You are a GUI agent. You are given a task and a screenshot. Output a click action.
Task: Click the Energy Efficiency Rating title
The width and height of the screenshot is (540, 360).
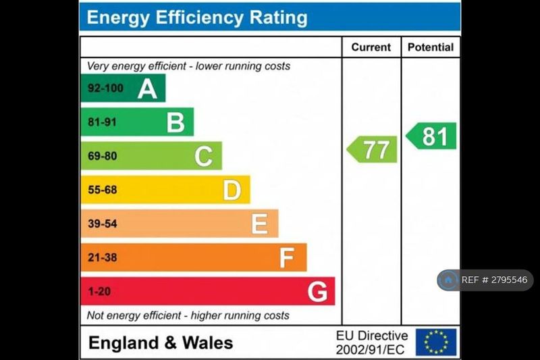coord(197,18)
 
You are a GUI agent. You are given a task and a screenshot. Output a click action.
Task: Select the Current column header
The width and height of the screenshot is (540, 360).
coord(371,47)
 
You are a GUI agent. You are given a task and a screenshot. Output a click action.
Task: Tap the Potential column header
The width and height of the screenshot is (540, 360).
coord(431,47)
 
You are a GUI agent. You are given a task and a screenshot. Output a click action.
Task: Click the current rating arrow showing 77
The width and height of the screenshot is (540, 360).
coord(373,149)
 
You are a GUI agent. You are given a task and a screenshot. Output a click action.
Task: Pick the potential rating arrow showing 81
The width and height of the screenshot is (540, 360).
coord(432,136)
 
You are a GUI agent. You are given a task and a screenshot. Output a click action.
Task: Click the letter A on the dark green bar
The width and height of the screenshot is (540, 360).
coord(147,88)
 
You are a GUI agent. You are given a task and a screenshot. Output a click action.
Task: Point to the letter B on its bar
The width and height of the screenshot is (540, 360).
coord(175,122)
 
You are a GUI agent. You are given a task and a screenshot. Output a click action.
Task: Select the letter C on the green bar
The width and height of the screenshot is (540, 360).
coord(204,157)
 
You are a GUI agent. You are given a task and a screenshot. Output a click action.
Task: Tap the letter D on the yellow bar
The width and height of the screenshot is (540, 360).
coord(232,190)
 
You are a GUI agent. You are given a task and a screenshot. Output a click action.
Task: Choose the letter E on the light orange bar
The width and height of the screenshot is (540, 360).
coord(260,224)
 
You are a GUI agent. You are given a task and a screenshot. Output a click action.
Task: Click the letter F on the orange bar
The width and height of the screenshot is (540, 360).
coord(288,257)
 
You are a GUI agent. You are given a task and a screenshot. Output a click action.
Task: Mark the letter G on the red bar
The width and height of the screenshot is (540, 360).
coord(317,292)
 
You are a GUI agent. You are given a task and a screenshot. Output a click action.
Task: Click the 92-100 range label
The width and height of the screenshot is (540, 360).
coord(105,88)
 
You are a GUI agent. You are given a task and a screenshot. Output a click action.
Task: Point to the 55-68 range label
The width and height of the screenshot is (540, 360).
coord(102,190)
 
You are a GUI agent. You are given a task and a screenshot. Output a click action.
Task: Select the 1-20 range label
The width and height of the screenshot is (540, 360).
coord(99,291)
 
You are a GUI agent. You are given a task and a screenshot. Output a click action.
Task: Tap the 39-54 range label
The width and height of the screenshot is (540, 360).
coord(102,224)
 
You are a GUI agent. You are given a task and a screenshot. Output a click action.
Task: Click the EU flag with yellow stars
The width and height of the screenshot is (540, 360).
coord(436,342)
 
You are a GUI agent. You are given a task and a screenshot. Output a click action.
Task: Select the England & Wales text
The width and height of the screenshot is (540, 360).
coord(161,342)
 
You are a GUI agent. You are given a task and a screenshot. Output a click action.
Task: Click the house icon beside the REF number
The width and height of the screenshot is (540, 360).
coord(448,280)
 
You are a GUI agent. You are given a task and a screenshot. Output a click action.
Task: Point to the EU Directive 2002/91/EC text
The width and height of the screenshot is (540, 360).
coord(372,342)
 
